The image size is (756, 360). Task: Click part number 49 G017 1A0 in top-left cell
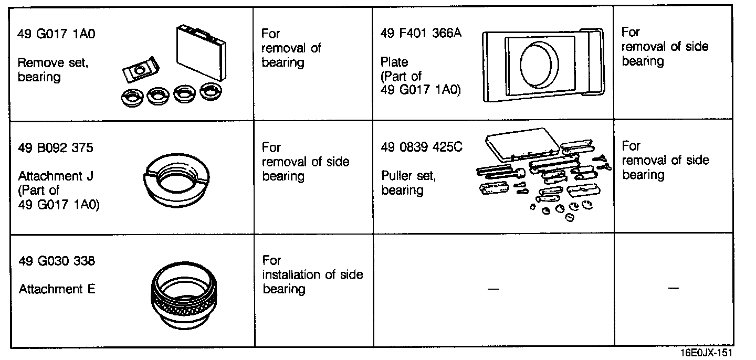tap(57, 34)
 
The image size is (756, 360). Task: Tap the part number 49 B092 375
tap(55, 147)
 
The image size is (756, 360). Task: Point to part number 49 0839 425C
tap(422, 147)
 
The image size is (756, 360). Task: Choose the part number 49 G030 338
tap(57, 261)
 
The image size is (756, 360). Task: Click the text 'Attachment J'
tap(56, 176)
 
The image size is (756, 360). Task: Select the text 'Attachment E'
tap(57, 289)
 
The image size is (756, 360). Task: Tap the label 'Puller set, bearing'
tap(408, 183)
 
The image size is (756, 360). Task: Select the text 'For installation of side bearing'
tap(312, 274)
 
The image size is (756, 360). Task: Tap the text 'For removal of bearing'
tap(291, 48)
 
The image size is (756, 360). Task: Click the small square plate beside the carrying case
tap(140, 69)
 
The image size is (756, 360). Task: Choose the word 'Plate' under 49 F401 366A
tap(394, 62)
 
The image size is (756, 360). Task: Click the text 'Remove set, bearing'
tap(53, 70)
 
